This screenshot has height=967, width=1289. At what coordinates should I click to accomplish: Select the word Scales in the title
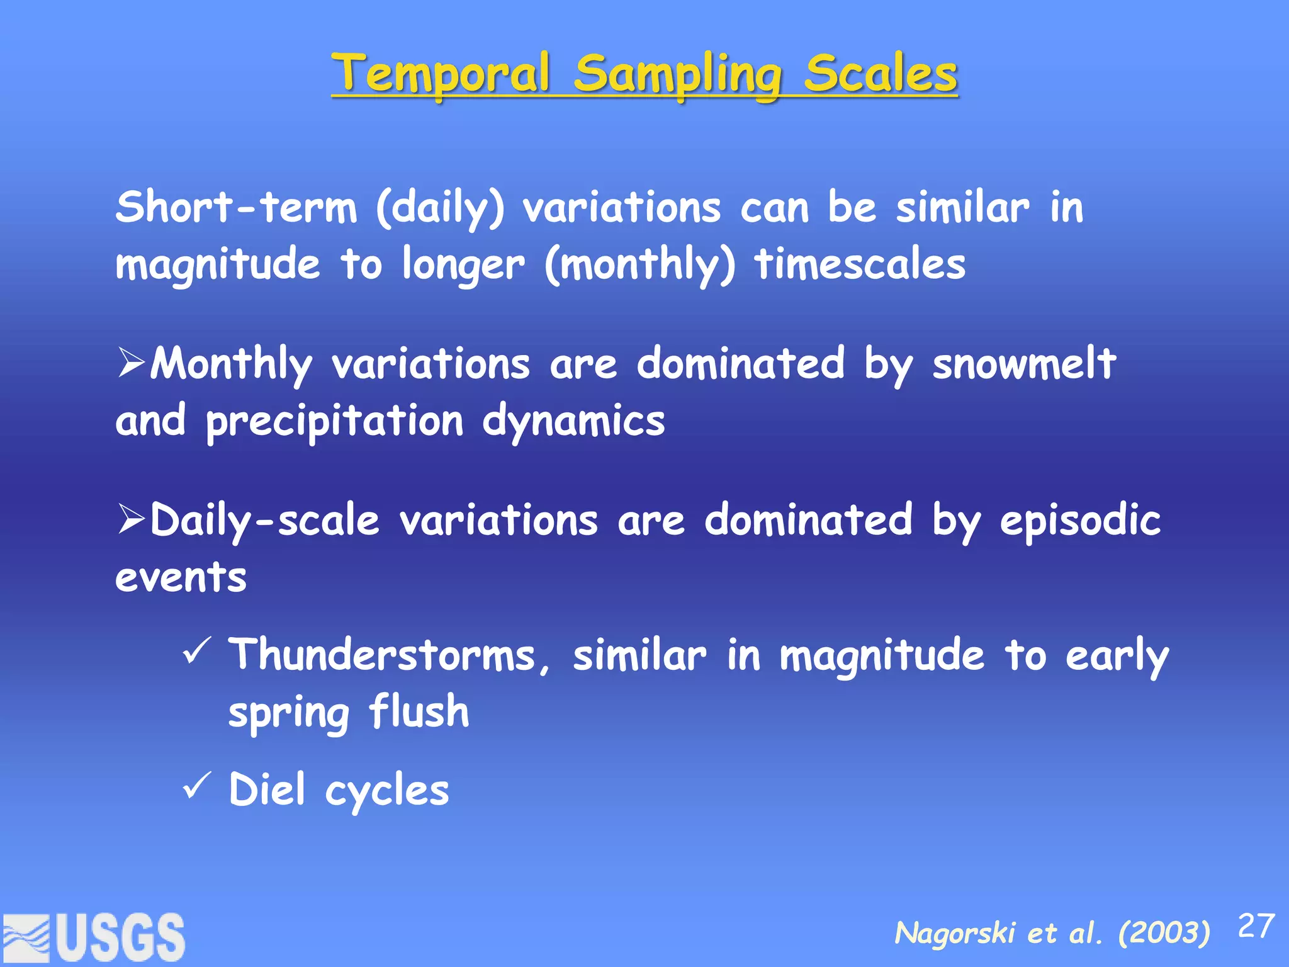click(x=881, y=74)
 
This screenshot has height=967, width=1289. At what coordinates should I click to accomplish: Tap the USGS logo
click(x=94, y=937)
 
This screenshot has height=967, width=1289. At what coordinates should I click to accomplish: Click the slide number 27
click(x=1256, y=926)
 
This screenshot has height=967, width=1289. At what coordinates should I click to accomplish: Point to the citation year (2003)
click(x=1164, y=932)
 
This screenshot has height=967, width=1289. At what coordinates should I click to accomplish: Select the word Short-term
click(x=236, y=208)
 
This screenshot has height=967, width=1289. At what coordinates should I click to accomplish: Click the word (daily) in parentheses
click(x=440, y=209)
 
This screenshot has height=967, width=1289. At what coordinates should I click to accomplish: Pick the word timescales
click(x=860, y=264)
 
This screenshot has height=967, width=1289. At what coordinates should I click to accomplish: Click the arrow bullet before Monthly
click(x=131, y=364)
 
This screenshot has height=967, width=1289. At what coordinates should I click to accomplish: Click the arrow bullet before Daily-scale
click(x=131, y=520)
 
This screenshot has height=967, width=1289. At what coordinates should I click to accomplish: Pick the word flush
click(x=419, y=711)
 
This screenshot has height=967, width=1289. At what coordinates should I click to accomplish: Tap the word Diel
click(x=267, y=789)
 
